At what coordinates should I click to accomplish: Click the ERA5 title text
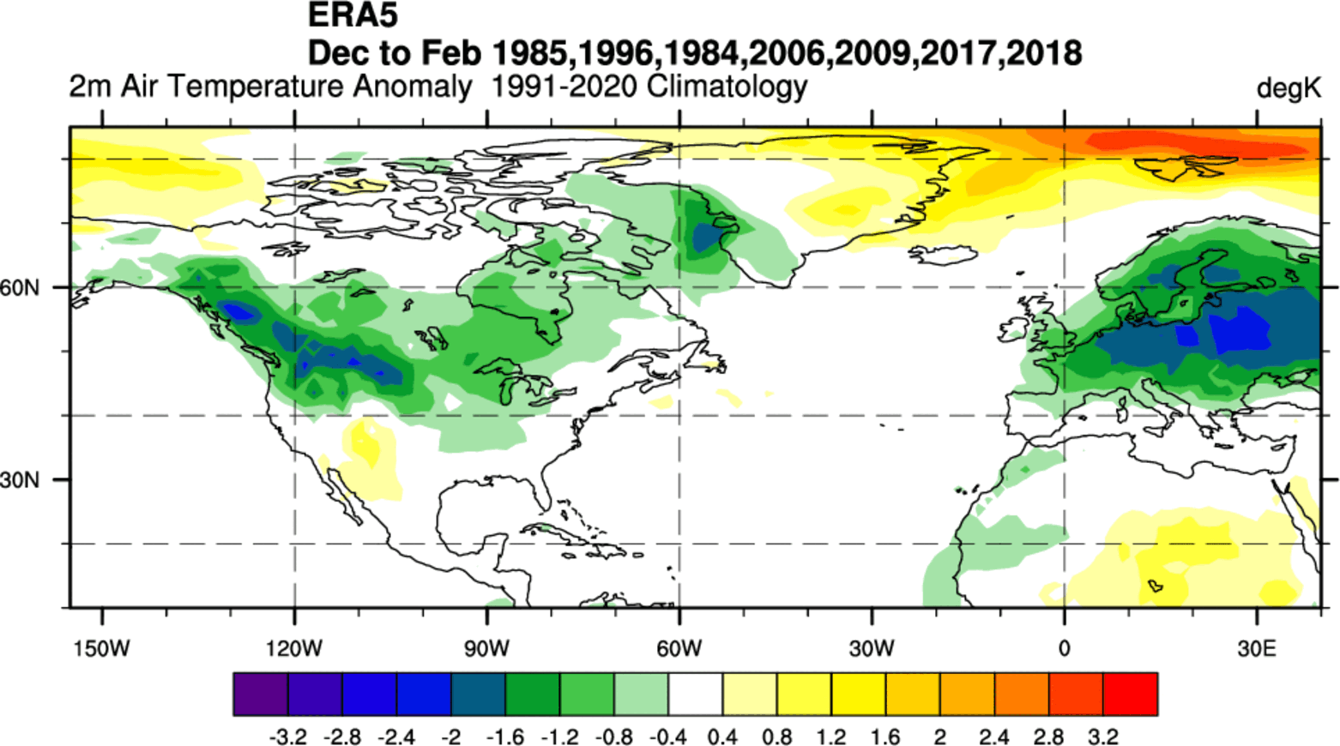353,15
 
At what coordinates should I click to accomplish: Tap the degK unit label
1288,88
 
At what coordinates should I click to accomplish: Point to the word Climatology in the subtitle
727,87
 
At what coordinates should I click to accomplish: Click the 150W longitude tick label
102,648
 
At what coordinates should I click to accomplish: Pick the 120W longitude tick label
294,648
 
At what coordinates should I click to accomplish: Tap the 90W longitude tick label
486,648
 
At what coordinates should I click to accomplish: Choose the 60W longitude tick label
679,648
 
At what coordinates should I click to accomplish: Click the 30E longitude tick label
1257,648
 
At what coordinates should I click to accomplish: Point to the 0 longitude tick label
1064,648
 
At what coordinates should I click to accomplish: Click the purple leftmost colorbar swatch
260,694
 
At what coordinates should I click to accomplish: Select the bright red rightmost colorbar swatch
1130,694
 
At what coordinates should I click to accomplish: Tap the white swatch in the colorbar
695,694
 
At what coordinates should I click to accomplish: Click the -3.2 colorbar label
287,737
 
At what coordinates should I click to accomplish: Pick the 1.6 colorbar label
885,737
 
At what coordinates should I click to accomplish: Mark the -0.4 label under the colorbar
668,737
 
